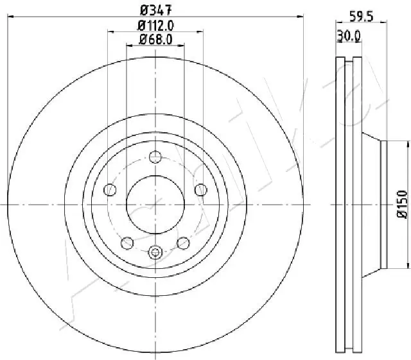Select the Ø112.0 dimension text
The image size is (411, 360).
[156, 26]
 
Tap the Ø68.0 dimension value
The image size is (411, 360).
[156, 40]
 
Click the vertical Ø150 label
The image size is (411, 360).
[403, 205]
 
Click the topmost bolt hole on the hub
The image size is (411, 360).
[155, 156]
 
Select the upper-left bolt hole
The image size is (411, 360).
[110, 189]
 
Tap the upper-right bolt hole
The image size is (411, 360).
[200, 189]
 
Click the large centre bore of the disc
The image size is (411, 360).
[155, 204]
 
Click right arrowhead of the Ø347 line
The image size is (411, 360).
[301, 17]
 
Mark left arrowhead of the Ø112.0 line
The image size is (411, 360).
[110, 32]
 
